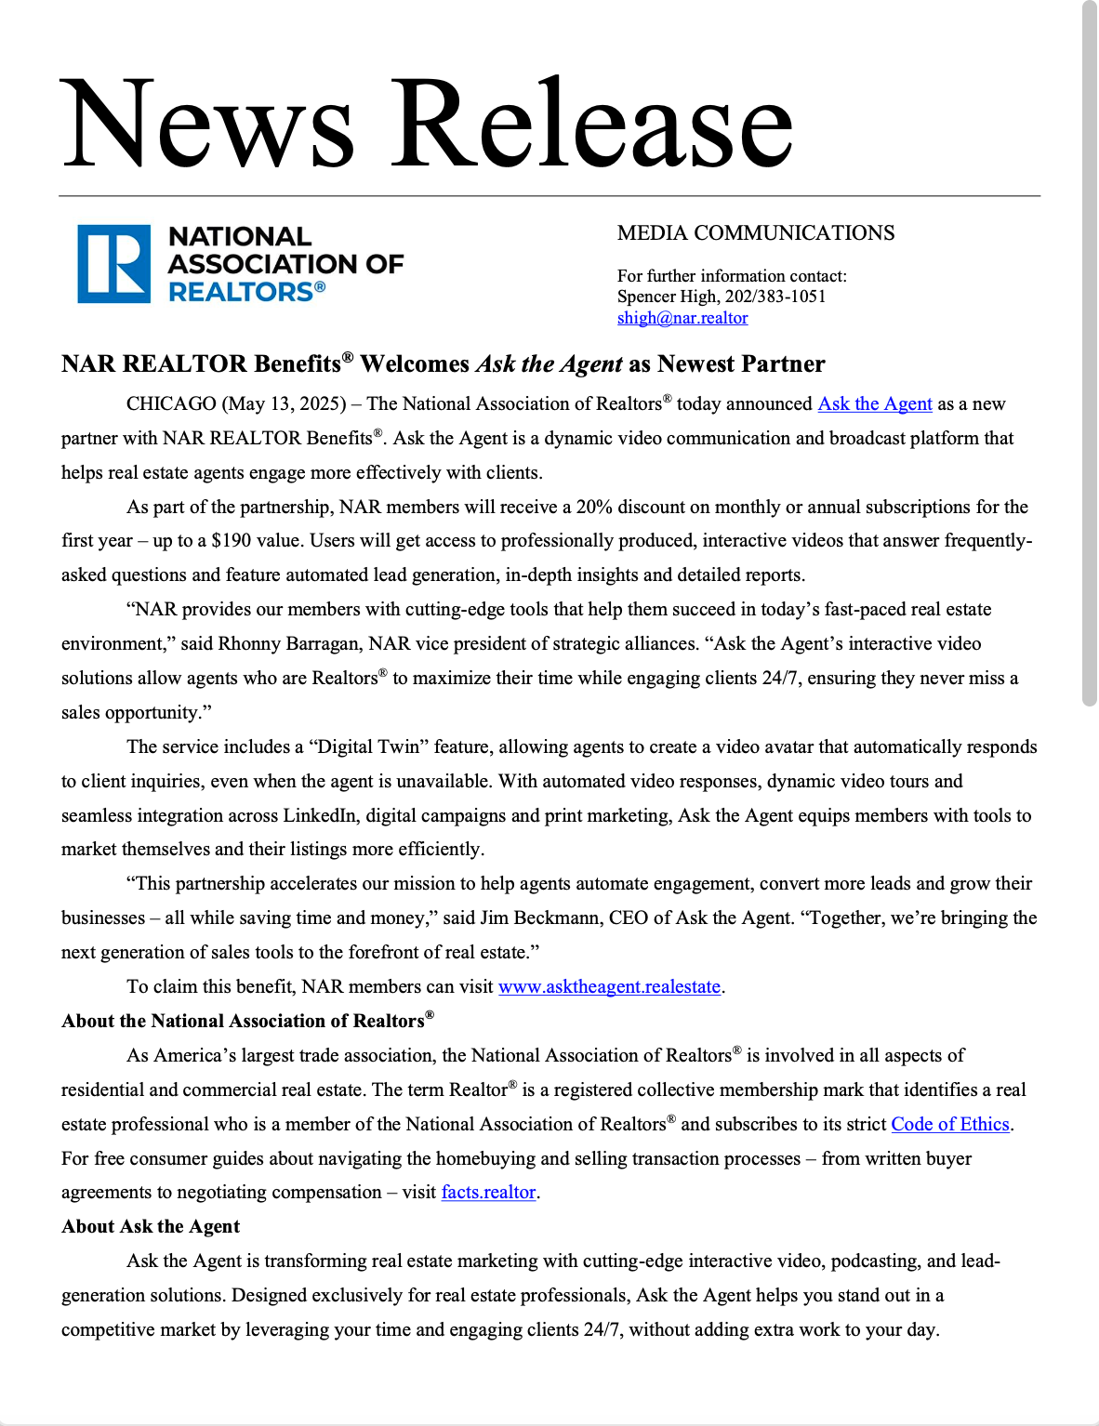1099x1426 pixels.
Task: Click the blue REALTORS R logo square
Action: click(x=113, y=264)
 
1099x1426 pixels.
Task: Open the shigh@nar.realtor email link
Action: click(x=682, y=318)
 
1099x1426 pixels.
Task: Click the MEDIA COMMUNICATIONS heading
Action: click(x=756, y=233)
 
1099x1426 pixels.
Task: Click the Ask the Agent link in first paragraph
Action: click(x=874, y=404)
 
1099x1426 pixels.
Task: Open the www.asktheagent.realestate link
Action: click(x=609, y=987)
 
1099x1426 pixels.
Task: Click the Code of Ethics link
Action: click(x=949, y=1125)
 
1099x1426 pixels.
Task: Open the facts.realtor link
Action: click(x=488, y=1193)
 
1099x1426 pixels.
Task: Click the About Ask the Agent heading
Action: click(x=151, y=1227)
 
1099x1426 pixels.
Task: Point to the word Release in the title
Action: click(x=592, y=125)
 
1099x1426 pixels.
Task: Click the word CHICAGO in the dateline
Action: click(x=171, y=404)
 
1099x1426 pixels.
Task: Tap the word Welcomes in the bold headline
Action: click(x=415, y=364)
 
